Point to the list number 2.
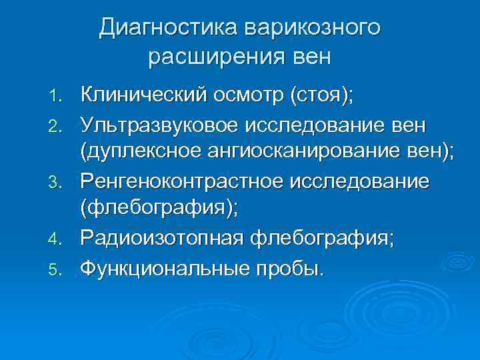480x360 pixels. (58, 125)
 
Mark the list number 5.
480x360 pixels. (58, 269)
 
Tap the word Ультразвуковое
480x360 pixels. (163, 124)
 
